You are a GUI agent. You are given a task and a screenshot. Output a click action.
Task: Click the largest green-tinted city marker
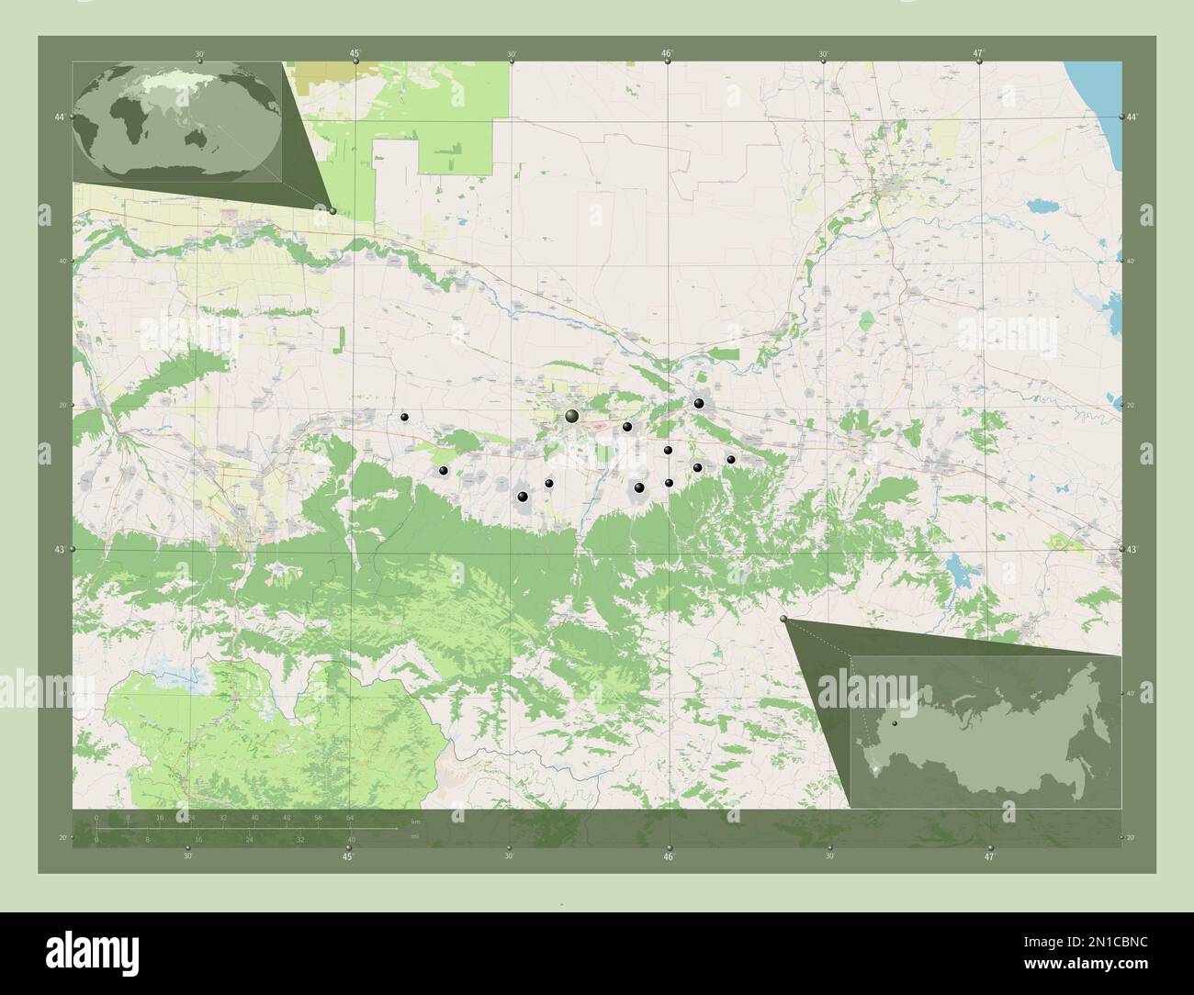[x=572, y=417]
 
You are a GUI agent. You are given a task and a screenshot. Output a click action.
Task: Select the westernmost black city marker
[x=404, y=417]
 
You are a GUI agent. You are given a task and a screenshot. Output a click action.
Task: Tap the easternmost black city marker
[x=731, y=459]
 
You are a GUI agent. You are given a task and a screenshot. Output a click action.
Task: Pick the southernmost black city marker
[x=523, y=497]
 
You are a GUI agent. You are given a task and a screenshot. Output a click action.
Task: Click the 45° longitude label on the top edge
[x=355, y=53]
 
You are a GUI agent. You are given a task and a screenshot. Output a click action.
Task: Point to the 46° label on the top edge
[x=667, y=53]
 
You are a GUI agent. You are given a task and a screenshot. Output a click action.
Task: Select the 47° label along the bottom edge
[x=989, y=857]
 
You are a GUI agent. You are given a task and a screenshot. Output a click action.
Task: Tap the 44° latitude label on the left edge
[x=59, y=117]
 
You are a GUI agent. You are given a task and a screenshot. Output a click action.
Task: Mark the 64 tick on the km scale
[x=350, y=817]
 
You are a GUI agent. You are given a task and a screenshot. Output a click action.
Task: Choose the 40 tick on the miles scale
[x=351, y=839]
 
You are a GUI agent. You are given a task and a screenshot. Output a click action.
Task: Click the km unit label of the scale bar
[x=415, y=821]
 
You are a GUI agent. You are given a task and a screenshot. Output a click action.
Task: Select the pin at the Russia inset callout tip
[x=783, y=620]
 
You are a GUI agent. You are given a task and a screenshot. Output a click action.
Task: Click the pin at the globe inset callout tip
[x=332, y=210]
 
